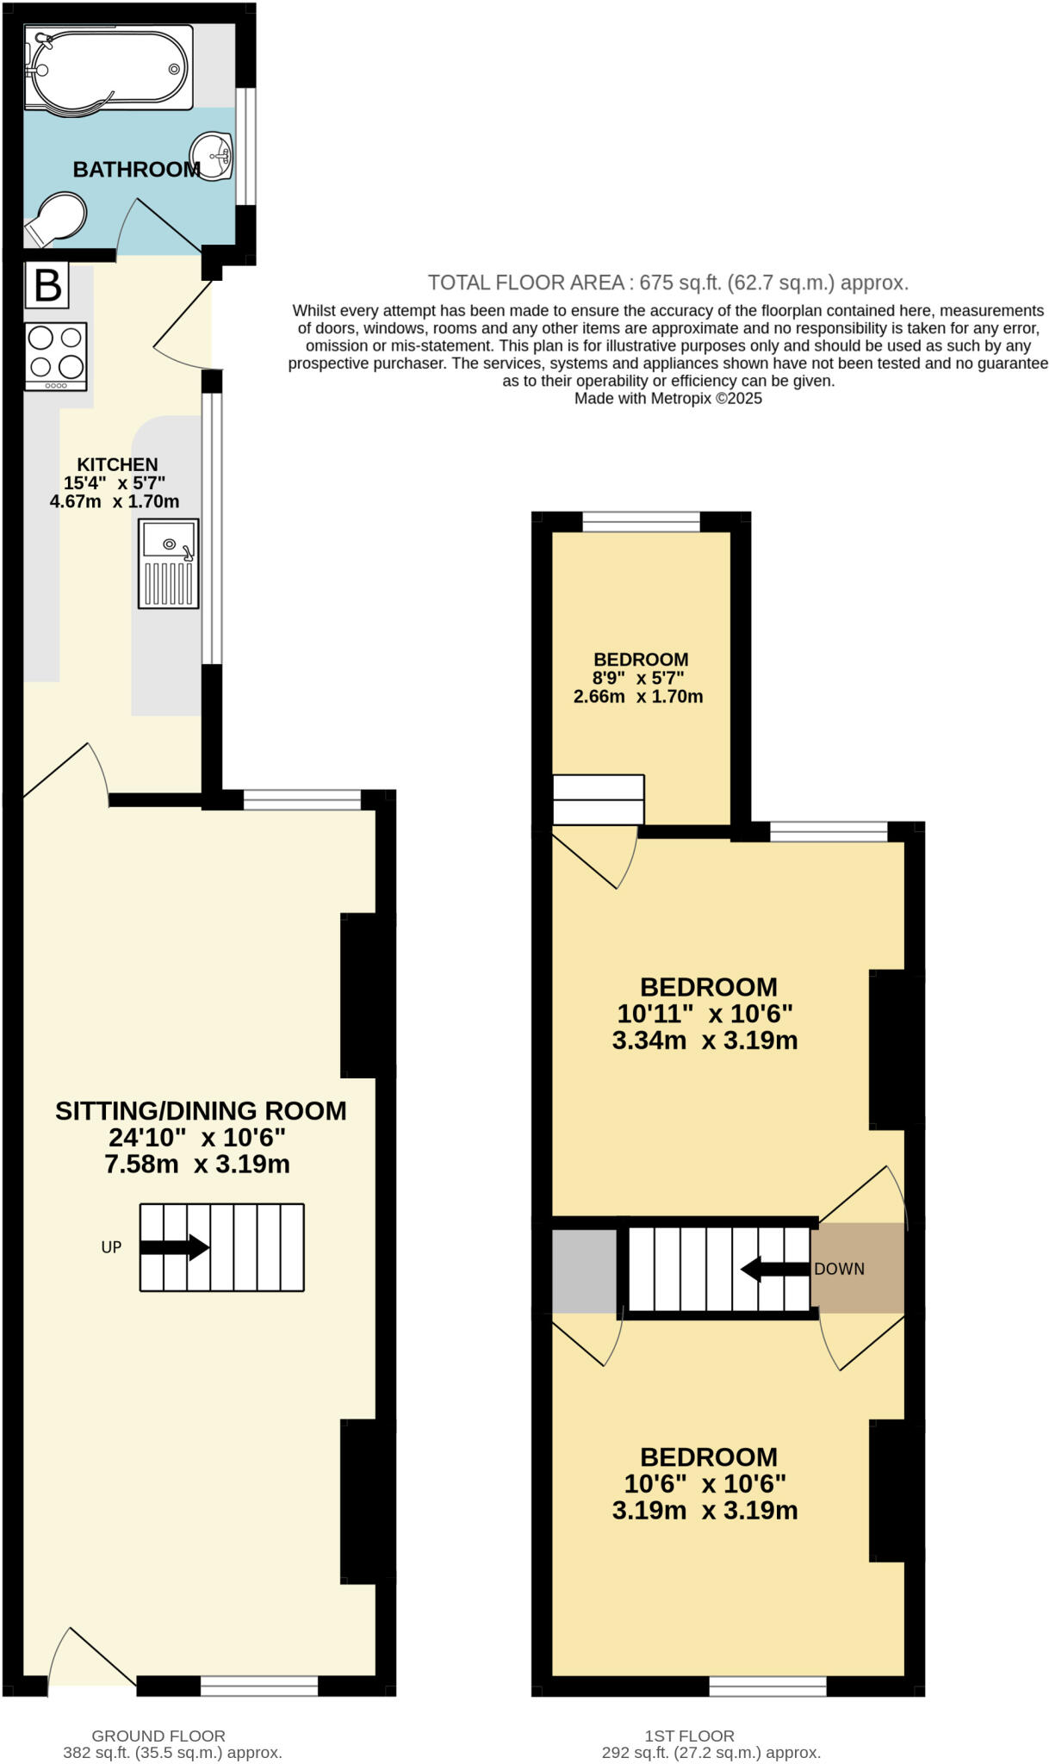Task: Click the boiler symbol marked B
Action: [47, 285]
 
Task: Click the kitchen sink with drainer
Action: [169, 563]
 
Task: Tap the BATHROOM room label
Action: [136, 170]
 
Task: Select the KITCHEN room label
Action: [117, 464]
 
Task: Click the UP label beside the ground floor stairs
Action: [111, 1247]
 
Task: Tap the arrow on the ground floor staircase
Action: [175, 1247]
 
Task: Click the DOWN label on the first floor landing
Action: [840, 1269]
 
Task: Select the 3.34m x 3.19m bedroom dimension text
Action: [705, 1040]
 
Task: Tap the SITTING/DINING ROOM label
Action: [201, 1111]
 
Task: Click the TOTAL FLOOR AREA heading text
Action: [667, 283]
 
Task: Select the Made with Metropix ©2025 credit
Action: [667, 399]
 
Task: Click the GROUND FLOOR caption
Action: [158, 1736]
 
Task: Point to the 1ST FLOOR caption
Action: [689, 1736]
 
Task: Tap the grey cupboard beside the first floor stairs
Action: [585, 1270]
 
